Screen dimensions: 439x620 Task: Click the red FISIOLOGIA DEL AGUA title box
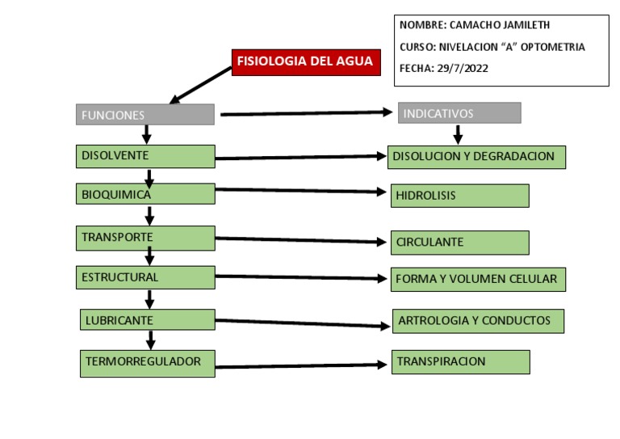click(306, 62)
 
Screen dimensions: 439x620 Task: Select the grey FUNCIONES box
click(145, 115)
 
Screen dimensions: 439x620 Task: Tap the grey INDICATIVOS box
click(459, 113)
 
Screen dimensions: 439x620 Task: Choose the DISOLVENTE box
click(145, 156)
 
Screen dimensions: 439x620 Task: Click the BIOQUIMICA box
click(145, 194)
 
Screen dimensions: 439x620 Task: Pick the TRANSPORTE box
click(145, 238)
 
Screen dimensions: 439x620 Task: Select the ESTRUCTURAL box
click(145, 277)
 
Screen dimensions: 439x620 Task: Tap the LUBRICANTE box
click(148, 320)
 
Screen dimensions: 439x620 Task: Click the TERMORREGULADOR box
click(148, 363)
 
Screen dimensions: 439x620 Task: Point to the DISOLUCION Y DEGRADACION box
click(476, 157)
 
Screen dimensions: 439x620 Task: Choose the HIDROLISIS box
click(459, 196)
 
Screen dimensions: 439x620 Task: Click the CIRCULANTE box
click(459, 243)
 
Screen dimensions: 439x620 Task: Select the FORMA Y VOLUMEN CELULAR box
click(477, 280)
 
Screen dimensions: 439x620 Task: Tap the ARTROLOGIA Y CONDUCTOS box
click(477, 321)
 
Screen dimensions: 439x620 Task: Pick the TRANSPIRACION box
click(460, 362)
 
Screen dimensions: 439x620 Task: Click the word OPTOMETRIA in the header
click(554, 47)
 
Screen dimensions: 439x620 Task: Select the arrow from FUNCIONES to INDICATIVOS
click(307, 113)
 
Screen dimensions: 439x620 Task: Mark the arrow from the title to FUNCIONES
click(201, 85)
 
